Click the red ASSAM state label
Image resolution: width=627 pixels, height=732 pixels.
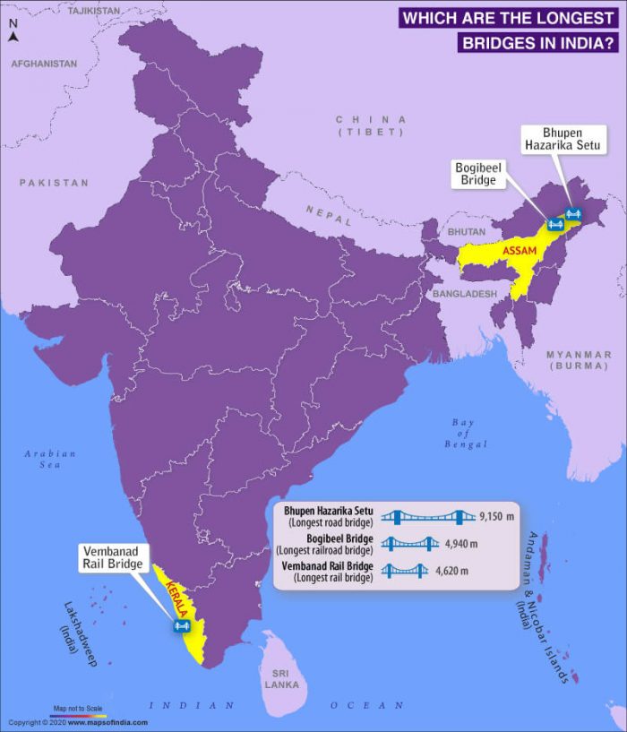pos(519,252)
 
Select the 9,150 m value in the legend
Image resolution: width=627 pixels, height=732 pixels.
pos(497,517)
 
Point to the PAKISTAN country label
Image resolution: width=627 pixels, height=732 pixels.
pos(55,183)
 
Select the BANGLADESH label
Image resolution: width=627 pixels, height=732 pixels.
pos(464,294)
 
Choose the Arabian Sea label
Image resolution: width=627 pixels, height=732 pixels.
pos(50,459)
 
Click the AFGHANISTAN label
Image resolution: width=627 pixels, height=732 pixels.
pos(43,65)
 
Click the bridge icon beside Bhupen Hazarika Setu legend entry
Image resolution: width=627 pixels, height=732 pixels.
pos(427,517)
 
